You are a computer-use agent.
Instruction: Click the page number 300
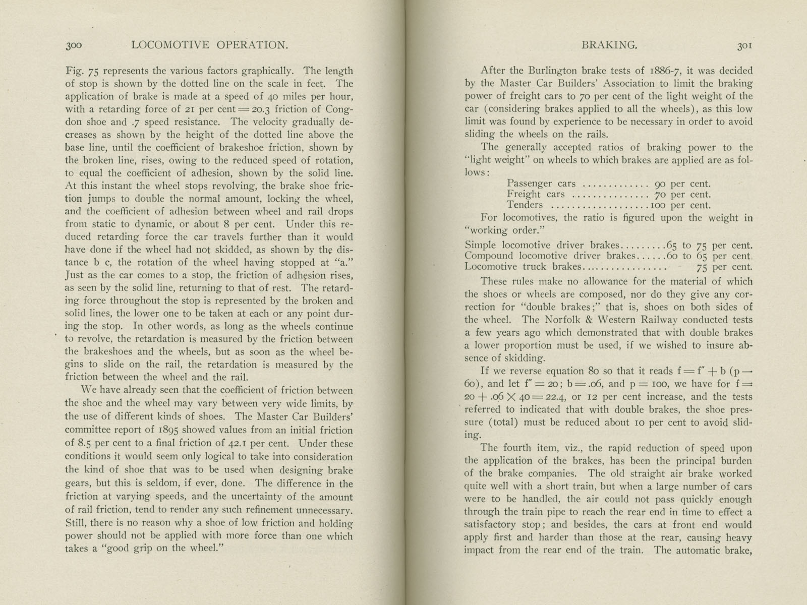pos(73,45)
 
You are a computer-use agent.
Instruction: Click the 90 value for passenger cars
pos(660,184)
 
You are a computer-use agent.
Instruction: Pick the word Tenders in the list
pos(525,205)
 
